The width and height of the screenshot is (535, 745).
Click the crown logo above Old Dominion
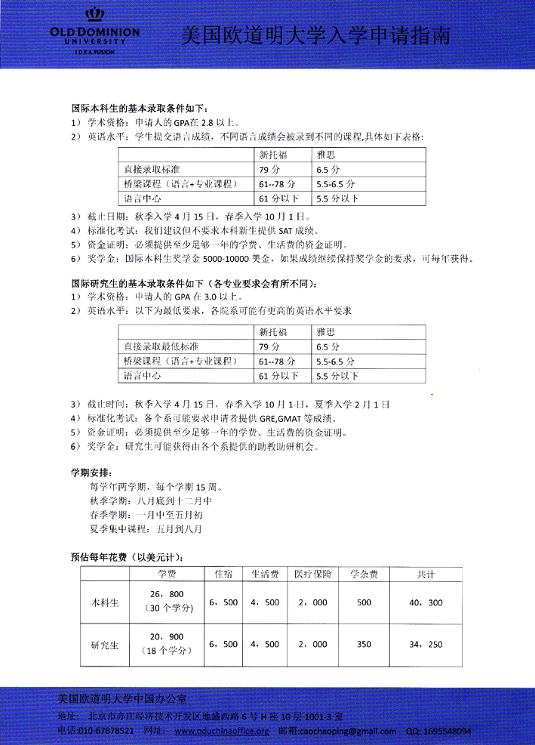(x=95, y=15)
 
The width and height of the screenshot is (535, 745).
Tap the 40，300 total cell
(x=425, y=603)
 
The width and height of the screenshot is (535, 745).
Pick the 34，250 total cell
(x=425, y=645)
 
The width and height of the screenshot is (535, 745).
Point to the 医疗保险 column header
(x=313, y=574)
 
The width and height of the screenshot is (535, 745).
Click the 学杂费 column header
(x=364, y=574)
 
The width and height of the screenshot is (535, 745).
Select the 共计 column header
(x=426, y=574)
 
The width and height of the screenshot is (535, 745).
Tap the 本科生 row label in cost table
(x=105, y=603)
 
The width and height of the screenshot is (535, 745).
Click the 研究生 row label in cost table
(x=105, y=645)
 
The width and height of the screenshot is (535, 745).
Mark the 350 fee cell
(x=364, y=645)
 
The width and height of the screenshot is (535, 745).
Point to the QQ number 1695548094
(x=448, y=731)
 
